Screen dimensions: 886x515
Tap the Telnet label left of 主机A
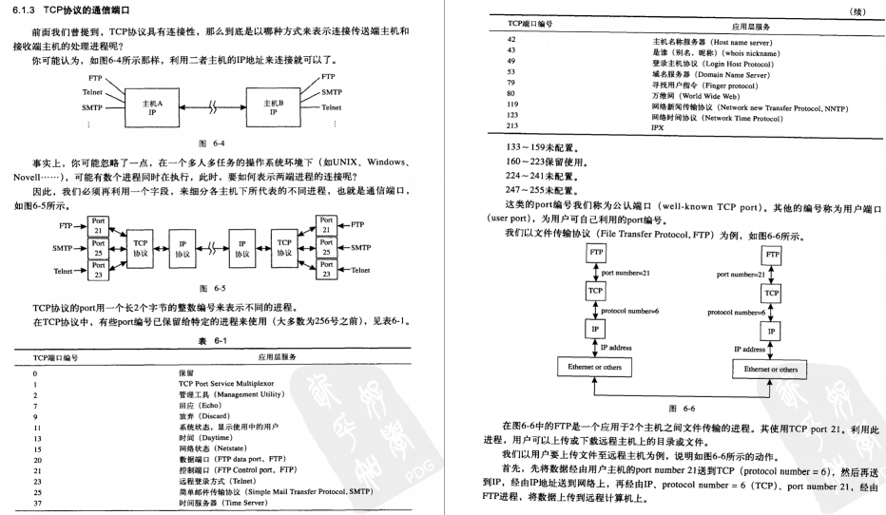[93, 92]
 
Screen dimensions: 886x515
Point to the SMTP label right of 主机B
[331, 92]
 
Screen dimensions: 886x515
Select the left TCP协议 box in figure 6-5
[141, 248]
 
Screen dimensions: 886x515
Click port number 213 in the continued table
[512, 125]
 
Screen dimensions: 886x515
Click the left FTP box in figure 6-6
[596, 252]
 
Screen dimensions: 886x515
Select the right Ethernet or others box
[771, 368]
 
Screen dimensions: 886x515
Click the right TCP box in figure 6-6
[771, 294]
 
